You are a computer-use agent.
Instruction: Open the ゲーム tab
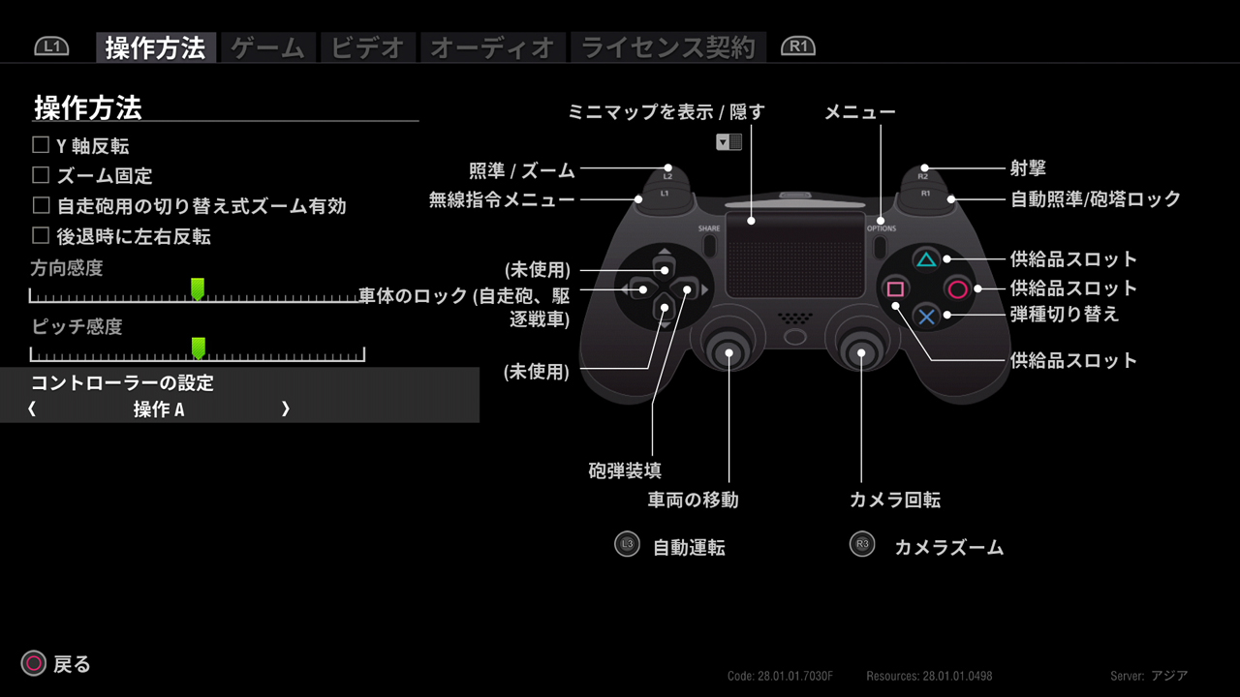coord(268,47)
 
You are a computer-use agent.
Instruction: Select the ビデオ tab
coord(367,47)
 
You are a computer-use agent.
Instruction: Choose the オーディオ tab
coord(493,47)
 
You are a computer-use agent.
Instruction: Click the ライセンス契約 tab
coord(668,47)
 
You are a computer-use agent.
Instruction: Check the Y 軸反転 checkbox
coord(41,145)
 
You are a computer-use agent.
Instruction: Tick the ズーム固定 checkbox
coord(41,175)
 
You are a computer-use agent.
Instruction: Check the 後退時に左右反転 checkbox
coord(41,235)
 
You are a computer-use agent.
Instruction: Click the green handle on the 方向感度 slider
coord(198,288)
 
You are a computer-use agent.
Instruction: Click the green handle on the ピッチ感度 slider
coord(199,348)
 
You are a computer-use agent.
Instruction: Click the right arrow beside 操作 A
coord(285,409)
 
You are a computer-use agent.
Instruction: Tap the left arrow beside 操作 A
coord(32,409)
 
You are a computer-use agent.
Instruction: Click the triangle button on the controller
coord(926,259)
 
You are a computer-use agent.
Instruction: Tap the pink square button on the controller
coord(896,288)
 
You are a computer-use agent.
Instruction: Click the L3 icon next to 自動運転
coord(627,544)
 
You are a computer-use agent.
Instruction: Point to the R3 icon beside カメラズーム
coord(862,544)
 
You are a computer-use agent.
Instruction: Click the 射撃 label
coord(1028,168)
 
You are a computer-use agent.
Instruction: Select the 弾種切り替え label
coord(1065,315)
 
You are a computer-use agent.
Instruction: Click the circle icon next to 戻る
coord(34,663)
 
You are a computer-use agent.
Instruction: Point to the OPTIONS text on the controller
coord(882,228)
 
